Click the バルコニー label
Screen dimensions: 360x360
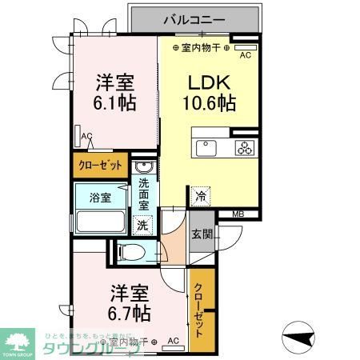194,18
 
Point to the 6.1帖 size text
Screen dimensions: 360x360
115,102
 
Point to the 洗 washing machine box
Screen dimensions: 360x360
143,226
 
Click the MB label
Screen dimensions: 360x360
238,214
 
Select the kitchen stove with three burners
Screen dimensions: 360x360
243,147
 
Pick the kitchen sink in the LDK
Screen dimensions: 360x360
206,148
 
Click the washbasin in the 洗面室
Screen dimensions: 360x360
144,167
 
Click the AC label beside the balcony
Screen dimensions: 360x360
246,55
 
